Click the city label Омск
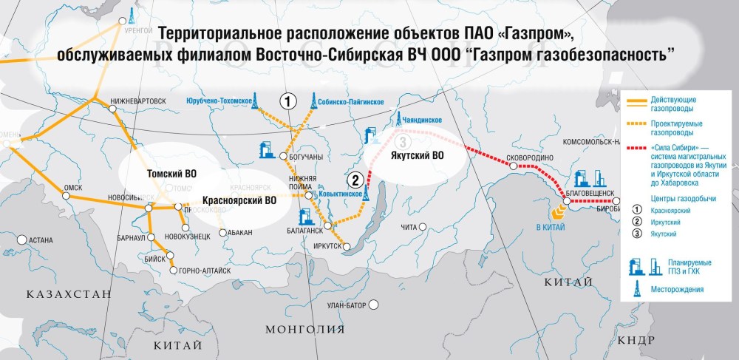click(x=72, y=188)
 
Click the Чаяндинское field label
click(x=421, y=120)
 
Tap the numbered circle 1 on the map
click(x=288, y=101)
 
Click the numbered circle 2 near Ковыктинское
click(x=355, y=179)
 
